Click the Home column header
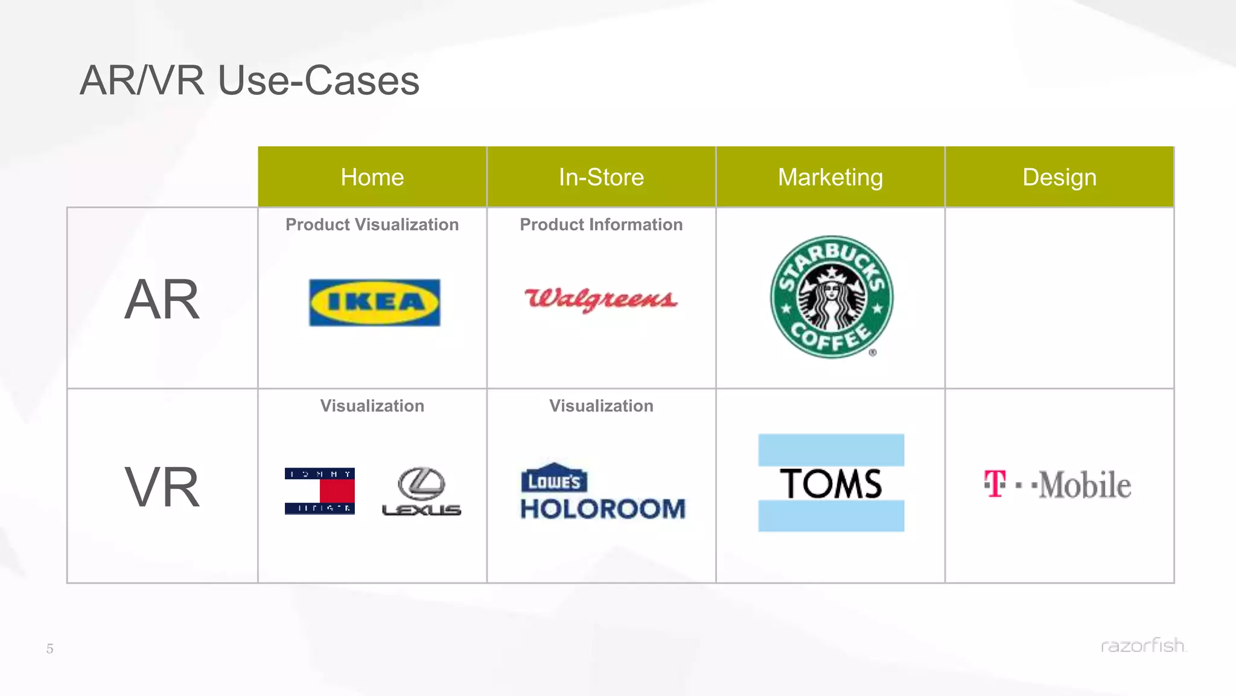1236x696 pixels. click(x=372, y=177)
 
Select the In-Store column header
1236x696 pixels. click(x=601, y=177)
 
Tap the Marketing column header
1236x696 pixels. click(x=830, y=177)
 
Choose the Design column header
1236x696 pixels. click(x=1059, y=177)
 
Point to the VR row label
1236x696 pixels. click(x=162, y=486)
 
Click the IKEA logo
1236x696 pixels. click(x=374, y=302)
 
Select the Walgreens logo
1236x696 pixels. click(x=601, y=299)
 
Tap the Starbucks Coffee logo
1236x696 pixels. click(x=832, y=297)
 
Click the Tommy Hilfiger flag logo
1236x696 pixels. click(x=319, y=491)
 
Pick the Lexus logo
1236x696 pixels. click(x=421, y=491)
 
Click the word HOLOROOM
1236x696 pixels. click(x=603, y=509)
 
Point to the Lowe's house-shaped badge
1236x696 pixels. click(x=553, y=478)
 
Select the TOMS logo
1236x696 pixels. click(x=831, y=483)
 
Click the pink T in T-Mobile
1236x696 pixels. click(x=995, y=484)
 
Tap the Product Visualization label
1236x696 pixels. click(x=372, y=225)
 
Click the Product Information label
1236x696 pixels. click(x=601, y=225)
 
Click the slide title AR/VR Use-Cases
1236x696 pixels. click(x=249, y=80)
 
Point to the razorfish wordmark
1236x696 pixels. click(x=1142, y=645)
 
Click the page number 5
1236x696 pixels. click(x=50, y=649)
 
